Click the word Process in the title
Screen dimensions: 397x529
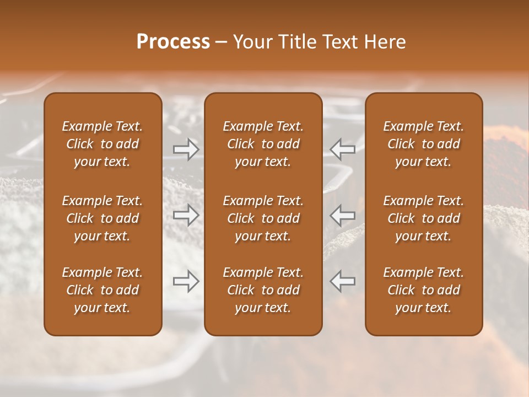[173, 42]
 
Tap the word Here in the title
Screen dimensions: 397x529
[384, 42]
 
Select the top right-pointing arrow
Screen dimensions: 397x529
[186, 149]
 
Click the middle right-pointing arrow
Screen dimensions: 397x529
[186, 214]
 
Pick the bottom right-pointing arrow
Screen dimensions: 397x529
[186, 281]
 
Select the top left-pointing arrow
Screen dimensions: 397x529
[342, 149]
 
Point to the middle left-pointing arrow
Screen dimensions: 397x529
[342, 214]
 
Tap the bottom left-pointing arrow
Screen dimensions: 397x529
[342, 281]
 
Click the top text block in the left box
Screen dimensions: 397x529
[102, 144]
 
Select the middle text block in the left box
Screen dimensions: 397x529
[102, 218]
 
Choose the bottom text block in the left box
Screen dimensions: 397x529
[102, 290]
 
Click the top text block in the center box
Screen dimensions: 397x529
[263, 144]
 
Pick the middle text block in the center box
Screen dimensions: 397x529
[263, 218]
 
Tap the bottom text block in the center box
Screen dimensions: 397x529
[263, 290]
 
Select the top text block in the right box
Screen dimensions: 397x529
[424, 144]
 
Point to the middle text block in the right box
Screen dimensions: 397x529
[424, 218]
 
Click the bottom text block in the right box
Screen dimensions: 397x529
[424, 290]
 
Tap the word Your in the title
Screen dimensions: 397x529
[252, 42]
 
